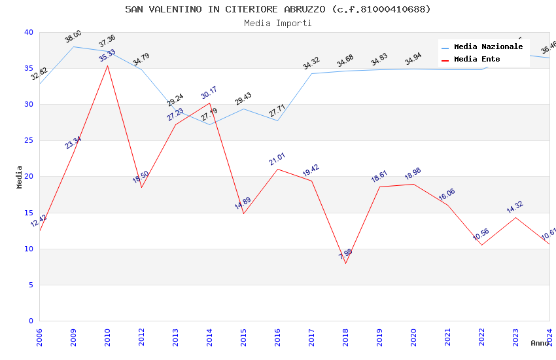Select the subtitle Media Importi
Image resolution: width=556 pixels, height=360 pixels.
pos(278,24)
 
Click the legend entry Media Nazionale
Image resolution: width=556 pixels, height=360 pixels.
pos(488,47)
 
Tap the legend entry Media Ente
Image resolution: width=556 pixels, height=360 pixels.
pos(477,60)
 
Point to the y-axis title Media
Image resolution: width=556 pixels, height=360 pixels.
pos(20,177)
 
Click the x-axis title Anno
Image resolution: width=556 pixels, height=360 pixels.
pos(540,343)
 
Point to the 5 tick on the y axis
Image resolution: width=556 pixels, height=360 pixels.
pos(31,285)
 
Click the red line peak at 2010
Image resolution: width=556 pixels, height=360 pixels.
pos(107,65)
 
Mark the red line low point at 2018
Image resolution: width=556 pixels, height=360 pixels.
pos(345,263)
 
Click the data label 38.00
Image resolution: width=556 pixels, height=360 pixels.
pos(73,37)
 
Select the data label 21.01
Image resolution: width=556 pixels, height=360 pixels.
pos(277,159)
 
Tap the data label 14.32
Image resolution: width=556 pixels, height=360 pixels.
pos(515,207)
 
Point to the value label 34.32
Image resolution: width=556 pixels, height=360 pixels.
pos(311,63)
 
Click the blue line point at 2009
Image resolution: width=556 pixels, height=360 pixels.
pos(73,46)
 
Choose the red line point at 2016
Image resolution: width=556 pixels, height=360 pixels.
pos(277,169)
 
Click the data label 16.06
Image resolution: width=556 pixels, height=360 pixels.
pos(447,194)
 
